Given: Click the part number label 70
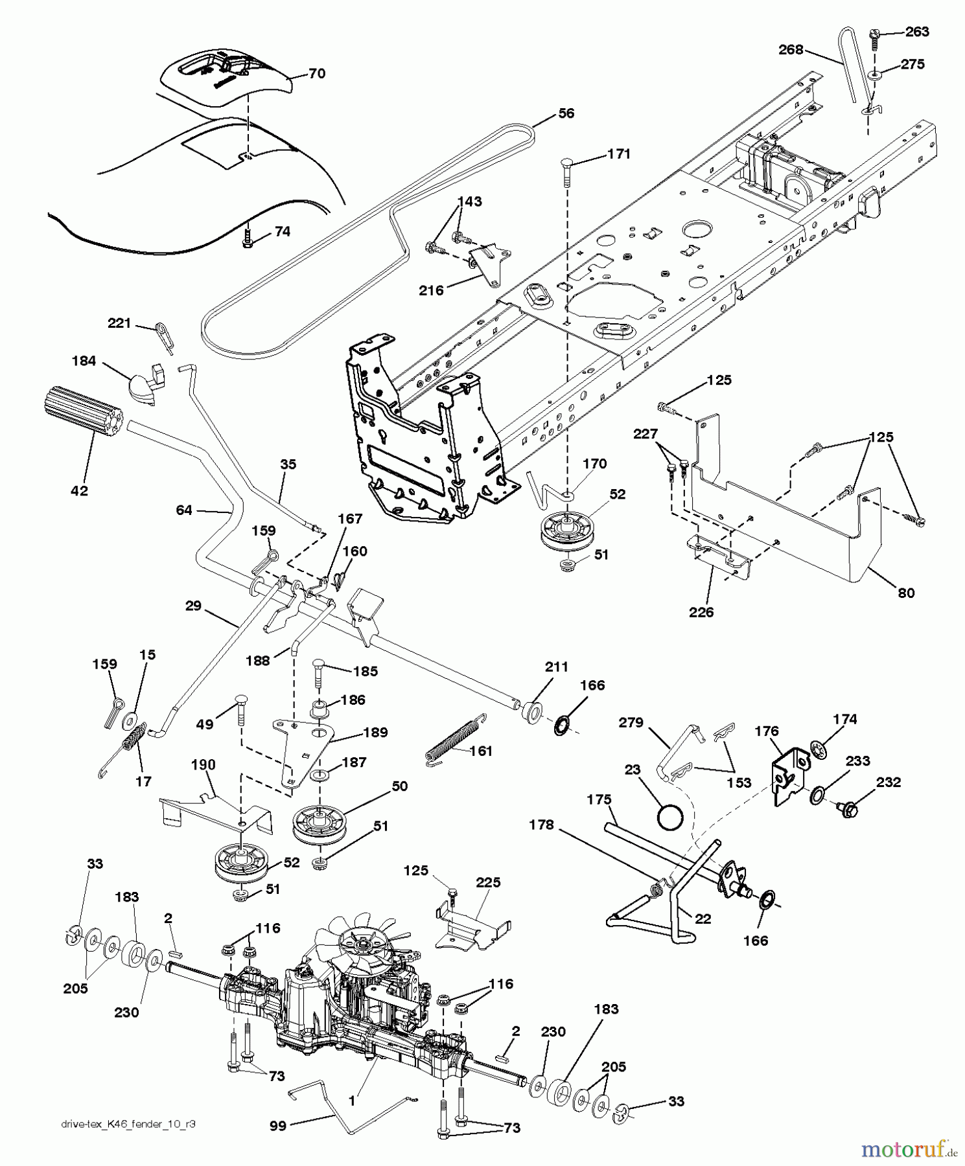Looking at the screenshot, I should pyautogui.click(x=316, y=74).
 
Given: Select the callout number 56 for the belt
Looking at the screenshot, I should pyautogui.click(x=566, y=113).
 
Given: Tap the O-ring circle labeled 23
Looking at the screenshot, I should pyautogui.click(x=670, y=817).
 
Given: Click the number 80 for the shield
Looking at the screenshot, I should pyautogui.click(x=905, y=592).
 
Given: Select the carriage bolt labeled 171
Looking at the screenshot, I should pyautogui.click(x=567, y=163).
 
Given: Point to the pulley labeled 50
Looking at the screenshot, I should pyautogui.click(x=318, y=824).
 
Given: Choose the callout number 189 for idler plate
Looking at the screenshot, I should pyautogui.click(x=376, y=733).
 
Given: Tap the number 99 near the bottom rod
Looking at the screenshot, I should pyautogui.click(x=279, y=1126).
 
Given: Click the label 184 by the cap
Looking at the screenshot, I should pyautogui.click(x=84, y=361).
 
